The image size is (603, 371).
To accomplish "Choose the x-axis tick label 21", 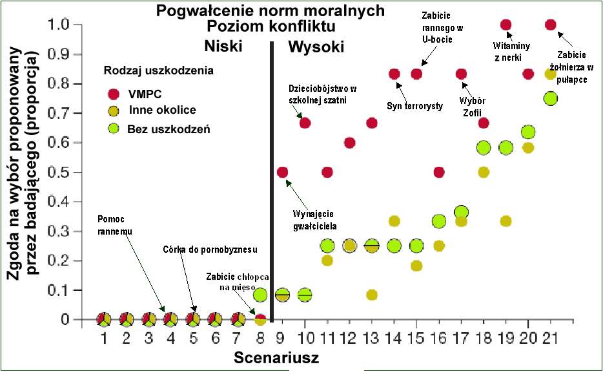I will pos(551,338).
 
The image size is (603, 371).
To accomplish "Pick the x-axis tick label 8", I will pos(260,338).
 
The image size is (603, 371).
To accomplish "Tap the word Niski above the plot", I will pos(222,47).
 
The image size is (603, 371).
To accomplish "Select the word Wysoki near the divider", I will pos(316,47).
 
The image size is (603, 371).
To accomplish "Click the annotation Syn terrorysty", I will pos(414,105).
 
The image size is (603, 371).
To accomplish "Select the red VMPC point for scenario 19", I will pos(506,25).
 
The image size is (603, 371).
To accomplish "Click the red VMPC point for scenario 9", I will pos(282,173).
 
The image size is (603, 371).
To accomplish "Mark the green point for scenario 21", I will pos(551,98).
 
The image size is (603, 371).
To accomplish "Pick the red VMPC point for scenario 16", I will pos(439,173).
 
